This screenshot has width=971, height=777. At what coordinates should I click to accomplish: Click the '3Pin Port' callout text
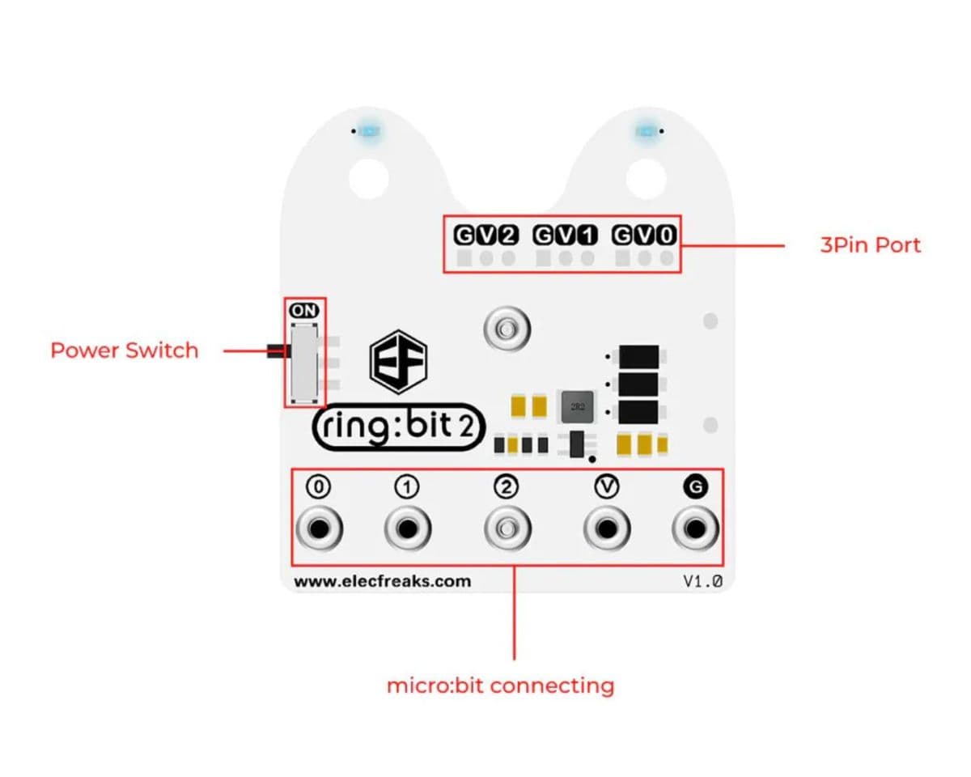[x=870, y=244]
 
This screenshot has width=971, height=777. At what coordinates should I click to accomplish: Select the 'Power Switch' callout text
[x=124, y=350]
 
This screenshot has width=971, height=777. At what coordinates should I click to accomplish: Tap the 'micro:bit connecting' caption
[x=500, y=686]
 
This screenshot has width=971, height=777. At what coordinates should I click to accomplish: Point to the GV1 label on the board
[x=565, y=236]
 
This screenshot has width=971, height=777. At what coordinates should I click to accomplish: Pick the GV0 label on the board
[x=644, y=236]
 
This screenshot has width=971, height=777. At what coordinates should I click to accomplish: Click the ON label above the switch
[x=303, y=310]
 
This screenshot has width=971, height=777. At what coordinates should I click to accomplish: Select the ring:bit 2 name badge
[x=398, y=427]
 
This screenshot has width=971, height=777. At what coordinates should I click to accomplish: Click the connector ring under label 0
[x=320, y=529]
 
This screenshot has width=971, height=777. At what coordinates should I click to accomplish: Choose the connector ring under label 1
[x=408, y=529]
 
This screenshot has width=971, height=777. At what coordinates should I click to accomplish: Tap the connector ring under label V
[x=606, y=529]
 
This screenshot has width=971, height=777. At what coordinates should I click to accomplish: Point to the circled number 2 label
[x=507, y=486]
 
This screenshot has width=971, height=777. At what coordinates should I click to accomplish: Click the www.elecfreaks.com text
[x=382, y=581]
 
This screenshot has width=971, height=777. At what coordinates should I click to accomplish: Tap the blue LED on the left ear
[x=373, y=130]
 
